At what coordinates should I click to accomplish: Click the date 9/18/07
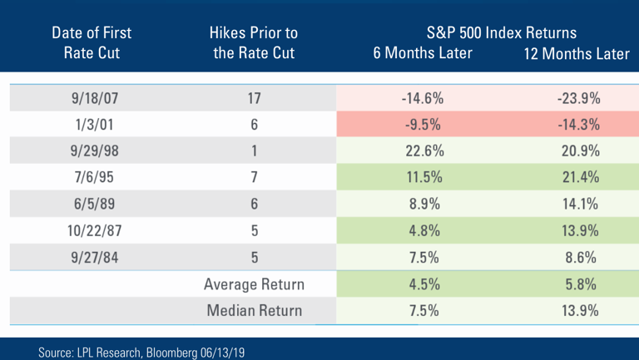95,98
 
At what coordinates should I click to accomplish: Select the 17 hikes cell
254,98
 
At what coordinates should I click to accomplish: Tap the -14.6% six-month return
423,98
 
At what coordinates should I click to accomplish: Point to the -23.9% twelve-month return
579,98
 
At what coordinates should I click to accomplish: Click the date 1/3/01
94,124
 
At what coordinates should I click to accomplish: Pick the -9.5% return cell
423,124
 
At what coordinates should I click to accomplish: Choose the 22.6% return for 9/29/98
424,150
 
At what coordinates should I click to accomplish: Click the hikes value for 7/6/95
255,177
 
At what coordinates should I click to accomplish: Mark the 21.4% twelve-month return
581,177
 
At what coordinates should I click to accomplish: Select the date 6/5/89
94,204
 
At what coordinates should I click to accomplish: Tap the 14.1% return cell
580,204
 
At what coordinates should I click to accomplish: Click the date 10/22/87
95,231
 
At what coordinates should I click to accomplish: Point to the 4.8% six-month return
424,231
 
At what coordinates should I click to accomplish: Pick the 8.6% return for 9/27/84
581,258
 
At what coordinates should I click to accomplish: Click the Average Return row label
255,284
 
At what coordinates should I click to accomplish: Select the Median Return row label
255,310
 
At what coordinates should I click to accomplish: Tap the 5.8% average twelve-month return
581,284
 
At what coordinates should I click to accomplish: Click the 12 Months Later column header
577,53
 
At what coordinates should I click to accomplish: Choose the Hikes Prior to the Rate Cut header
254,42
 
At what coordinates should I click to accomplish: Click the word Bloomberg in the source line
171,353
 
